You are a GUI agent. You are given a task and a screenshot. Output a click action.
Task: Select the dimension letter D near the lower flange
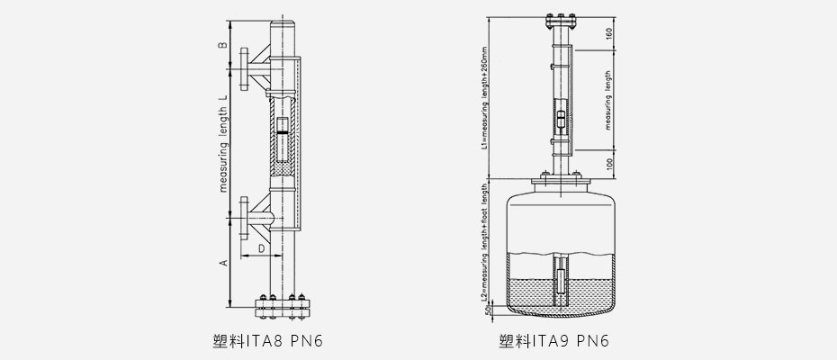261,247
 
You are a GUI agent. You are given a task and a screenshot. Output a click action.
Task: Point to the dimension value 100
608,166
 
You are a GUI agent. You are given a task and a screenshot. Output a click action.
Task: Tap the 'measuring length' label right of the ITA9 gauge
608,101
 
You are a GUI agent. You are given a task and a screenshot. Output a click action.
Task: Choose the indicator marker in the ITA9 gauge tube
561,118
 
